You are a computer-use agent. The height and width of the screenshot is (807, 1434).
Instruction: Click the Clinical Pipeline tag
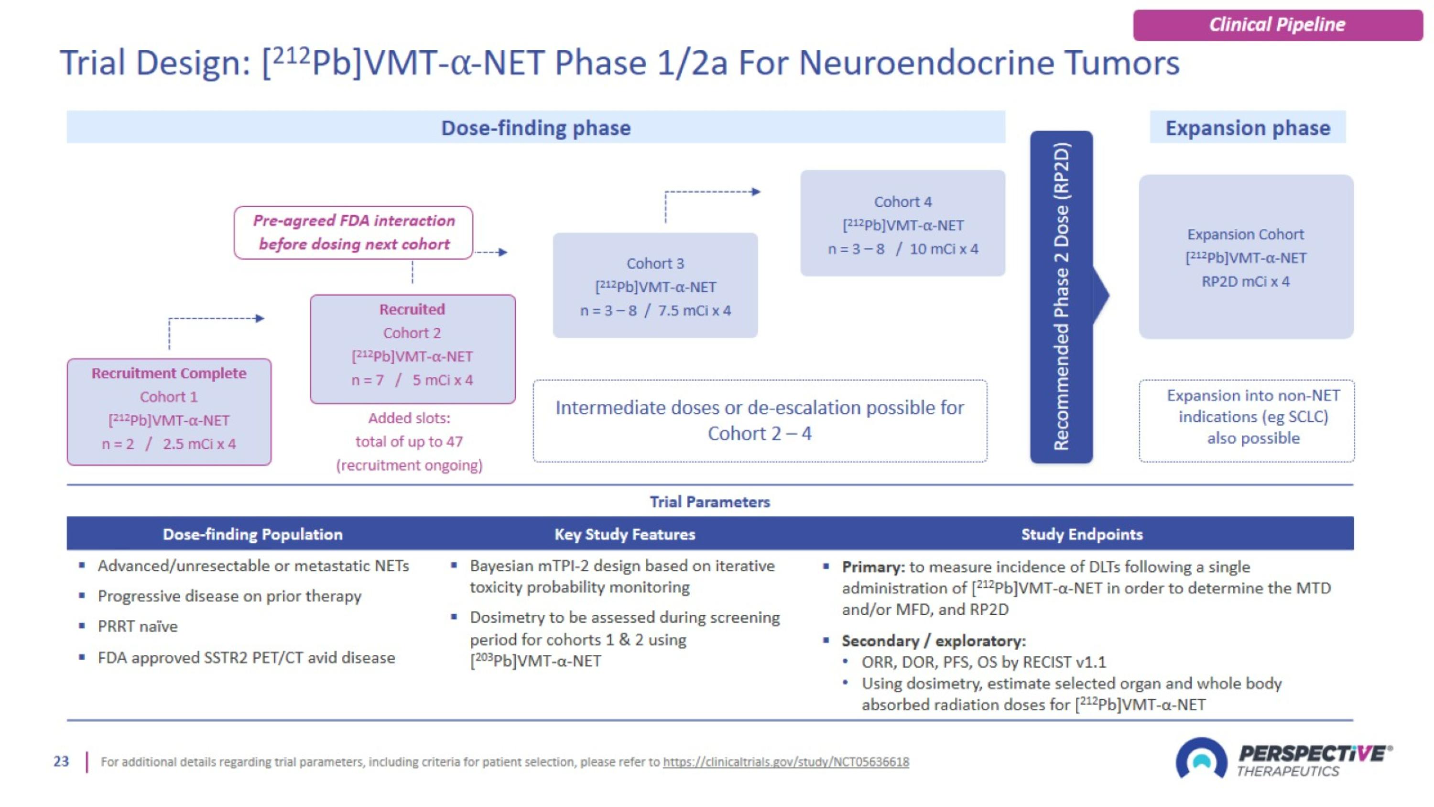[1277, 25]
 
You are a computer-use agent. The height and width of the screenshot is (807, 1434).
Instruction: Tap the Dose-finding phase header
[535, 128]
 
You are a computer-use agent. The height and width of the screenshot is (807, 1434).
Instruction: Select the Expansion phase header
[1248, 128]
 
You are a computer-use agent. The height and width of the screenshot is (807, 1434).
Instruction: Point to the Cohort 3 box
[655, 285]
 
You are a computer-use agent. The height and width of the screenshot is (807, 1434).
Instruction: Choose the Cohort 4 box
[902, 223]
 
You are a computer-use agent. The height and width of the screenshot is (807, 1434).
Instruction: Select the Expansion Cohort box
[1246, 257]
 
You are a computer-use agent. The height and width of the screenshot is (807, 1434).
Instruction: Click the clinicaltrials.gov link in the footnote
[785, 762]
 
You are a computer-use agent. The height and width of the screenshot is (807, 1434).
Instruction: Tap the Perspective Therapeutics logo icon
[1201, 759]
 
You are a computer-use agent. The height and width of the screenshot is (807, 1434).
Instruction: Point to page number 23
[61, 762]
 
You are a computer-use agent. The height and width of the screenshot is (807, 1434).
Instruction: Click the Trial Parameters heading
[710, 502]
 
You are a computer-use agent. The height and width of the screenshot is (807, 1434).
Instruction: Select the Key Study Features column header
[625, 534]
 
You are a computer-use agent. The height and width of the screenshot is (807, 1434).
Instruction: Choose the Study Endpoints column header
[1082, 534]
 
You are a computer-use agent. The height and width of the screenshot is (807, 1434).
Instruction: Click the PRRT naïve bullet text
[138, 627]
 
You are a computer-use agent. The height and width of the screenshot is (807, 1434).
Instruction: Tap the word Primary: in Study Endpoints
[873, 567]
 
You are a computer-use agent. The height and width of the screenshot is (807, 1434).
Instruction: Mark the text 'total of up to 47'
[409, 442]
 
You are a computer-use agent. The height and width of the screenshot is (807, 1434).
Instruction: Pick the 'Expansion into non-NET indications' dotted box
[1247, 420]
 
